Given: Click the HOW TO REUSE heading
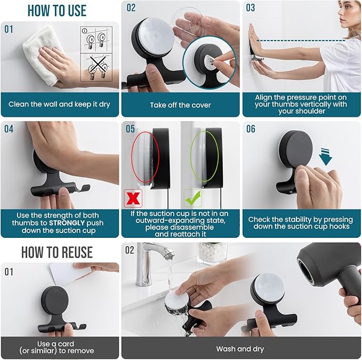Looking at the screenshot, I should pyautogui.click(x=57, y=252).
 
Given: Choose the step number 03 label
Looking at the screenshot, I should pyautogui.click(x=251, y=9).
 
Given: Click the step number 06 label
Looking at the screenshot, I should pyautogui.click(x=251, y=130).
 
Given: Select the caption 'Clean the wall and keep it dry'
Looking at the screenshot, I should pyautogui.click(x=60, y=104).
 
